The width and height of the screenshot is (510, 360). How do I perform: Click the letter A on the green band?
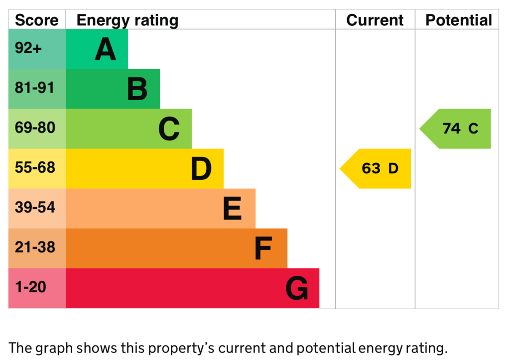pos(105,49)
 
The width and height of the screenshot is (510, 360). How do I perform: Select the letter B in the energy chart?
pos(137,89)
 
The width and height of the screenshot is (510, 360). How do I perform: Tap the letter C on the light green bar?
pos(169,129)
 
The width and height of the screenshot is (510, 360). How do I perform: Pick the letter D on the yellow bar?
pos(201,169)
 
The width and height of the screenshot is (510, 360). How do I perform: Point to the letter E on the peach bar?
pos(232,209)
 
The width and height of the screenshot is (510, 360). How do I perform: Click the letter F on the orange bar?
pos(263,248)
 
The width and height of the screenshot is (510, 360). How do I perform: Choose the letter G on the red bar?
pos(297,288)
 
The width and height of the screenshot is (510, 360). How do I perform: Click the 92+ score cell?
pos(28,48)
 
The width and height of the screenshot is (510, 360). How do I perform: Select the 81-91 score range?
pos(34,88)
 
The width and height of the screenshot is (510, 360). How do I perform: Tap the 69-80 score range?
pos(35,128)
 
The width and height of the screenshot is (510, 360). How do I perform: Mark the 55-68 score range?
pos(35,168)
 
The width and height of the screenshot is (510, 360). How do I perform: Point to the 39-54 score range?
pos(35,208)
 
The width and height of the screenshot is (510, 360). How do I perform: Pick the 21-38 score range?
pos(35,247)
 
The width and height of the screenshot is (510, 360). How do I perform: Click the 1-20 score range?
pos(31,287)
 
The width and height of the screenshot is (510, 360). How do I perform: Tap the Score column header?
pos(37,20)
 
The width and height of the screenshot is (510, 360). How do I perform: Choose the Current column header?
pos(375,20)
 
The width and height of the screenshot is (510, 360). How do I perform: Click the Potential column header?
pos(459,20)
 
